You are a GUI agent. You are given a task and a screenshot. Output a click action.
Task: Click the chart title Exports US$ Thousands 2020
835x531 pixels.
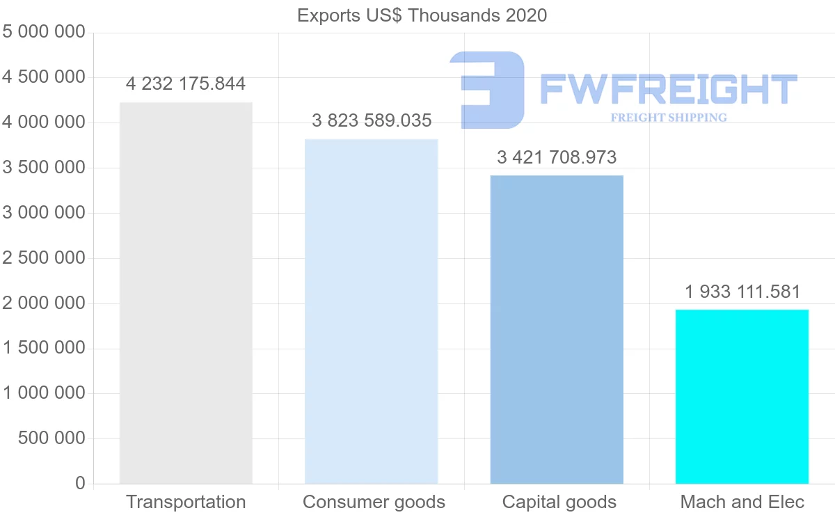point(422,15)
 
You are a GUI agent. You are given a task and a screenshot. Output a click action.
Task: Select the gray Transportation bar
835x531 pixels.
point(186,292)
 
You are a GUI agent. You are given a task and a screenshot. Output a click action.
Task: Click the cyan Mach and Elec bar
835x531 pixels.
point(742,396)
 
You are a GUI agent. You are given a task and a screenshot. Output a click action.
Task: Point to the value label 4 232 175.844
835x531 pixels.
point(186,84)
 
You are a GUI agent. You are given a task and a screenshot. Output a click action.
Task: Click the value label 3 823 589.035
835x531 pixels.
point(372,121)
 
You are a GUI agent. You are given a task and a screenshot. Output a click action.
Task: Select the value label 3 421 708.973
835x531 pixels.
point(557,157)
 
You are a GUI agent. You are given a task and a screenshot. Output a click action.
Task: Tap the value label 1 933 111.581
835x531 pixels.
point(742,292)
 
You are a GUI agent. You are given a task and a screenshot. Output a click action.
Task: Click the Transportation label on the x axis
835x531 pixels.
point(186,502)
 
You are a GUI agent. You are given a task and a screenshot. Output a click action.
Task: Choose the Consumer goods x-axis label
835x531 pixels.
point(374,502)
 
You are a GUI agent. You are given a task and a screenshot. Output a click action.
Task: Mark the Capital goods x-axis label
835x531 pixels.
point(559,502)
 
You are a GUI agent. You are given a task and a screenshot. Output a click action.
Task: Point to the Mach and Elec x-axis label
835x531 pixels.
point(742,502)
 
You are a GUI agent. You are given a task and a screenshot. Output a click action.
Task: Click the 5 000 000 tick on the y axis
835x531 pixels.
point(44,32)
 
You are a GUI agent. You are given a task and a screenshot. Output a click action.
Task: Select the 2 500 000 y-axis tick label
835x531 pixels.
point(44,258)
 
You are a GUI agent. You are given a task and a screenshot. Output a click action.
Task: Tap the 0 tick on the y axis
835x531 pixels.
point(80,484)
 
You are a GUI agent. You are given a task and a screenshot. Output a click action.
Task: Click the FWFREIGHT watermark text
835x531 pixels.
point(668,90)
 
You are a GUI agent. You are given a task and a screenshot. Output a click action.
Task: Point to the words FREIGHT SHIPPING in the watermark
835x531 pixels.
point(668,118)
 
